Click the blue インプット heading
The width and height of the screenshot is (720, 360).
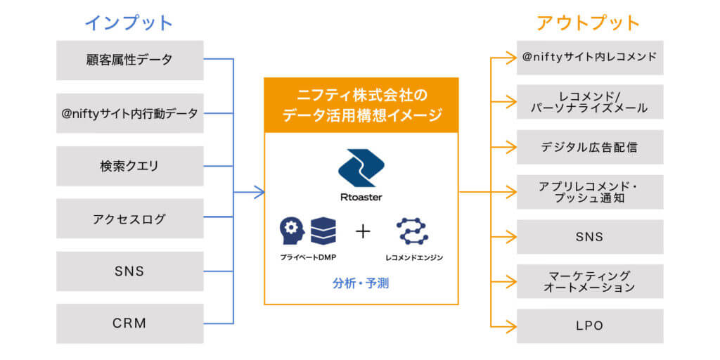(x=129, y=22)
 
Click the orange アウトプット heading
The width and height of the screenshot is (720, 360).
(x=589, y=22)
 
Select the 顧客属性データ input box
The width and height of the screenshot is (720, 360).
(x=130, y=60)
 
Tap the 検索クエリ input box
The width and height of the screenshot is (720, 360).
(x=130, y=166)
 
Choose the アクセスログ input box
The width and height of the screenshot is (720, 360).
(x=130, y=219)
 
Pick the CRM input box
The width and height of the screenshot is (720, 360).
(x=130, y=323)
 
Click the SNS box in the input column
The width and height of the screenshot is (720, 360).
(x=130, y=271)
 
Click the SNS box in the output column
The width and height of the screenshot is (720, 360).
(x=590, y=237)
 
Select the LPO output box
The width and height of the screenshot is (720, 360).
(x=590, y=326)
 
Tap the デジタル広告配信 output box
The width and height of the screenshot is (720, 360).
(x=590, y=147)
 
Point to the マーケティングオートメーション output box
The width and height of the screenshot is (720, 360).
(x=590, y=281)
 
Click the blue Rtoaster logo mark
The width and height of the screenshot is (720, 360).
(x=361, y=167)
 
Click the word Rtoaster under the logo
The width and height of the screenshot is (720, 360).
(x=361, y=198)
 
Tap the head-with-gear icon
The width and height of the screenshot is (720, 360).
(x=292, y=231)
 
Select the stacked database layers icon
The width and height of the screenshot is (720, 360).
(x=323, y=231)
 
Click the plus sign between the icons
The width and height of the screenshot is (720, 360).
(x=363, y=231)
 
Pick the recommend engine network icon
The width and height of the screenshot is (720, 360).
(x=412, y=231)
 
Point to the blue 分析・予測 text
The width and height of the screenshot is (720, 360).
(x=361, y=283)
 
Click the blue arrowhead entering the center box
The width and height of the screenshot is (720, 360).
(x=259, y=192)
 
